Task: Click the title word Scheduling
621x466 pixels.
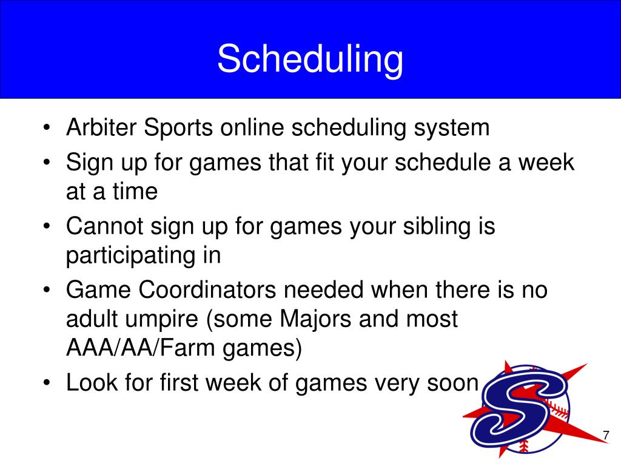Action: [310, 59]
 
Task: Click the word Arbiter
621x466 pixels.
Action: [101, 127]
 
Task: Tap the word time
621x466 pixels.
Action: [135, 191]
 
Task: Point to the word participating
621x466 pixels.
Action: [131, 256]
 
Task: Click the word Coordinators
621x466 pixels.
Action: [207, 289]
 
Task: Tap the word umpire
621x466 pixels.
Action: [161, 320]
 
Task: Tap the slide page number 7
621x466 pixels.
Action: [606, 435]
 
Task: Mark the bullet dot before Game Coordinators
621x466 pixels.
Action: [47, 290]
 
